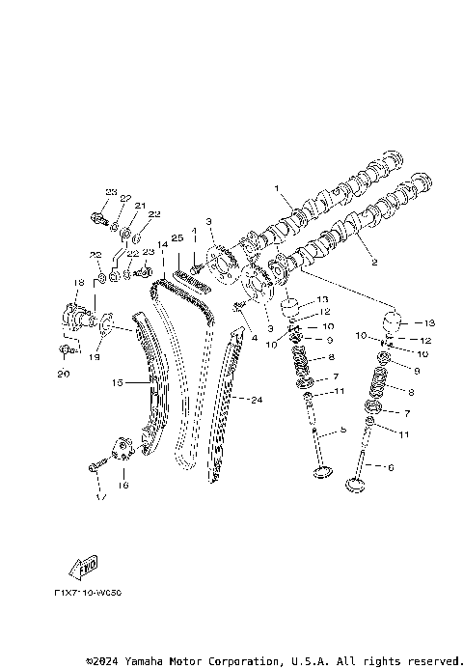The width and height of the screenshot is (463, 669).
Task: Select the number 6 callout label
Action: (390, 467)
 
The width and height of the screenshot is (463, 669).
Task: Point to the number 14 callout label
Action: (164, 245)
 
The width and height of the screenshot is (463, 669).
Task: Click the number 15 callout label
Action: (117, 383)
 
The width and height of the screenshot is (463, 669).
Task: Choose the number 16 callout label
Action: (123, 487)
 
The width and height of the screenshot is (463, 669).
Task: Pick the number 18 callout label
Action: (67, 282)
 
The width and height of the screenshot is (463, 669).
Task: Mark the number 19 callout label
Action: (95, 356)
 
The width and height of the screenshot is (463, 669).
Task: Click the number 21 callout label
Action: (139, 206)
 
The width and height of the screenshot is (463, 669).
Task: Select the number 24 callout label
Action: (257, 399)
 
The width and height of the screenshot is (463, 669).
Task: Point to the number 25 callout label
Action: (177, 237)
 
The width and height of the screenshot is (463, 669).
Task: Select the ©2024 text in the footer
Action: (104, 661)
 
